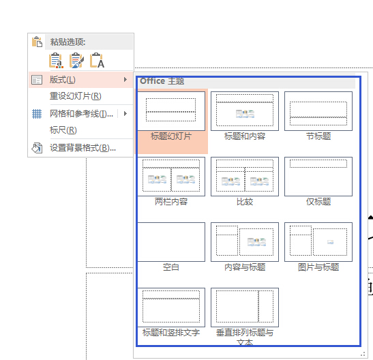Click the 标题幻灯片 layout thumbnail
(171, 111)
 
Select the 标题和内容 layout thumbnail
(245, 111)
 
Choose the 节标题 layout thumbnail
(318, 111)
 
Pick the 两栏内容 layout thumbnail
(171, 177)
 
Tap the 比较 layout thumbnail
(245, 177)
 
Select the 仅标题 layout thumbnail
(318, 177)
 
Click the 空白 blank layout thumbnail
(171, 242)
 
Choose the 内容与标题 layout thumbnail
(245, 242)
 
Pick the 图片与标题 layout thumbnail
(318, 242)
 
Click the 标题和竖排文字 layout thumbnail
(171, 307)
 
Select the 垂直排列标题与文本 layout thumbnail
(245, 307)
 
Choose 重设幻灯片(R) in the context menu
(76, 96)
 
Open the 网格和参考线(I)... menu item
(81, 114)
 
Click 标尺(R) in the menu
(63, 130)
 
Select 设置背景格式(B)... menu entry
(83, 148)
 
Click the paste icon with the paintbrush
(76, 61)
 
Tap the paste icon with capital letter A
(97, 61)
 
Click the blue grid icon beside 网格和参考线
(37, 114)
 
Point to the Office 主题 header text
(162, 81)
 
